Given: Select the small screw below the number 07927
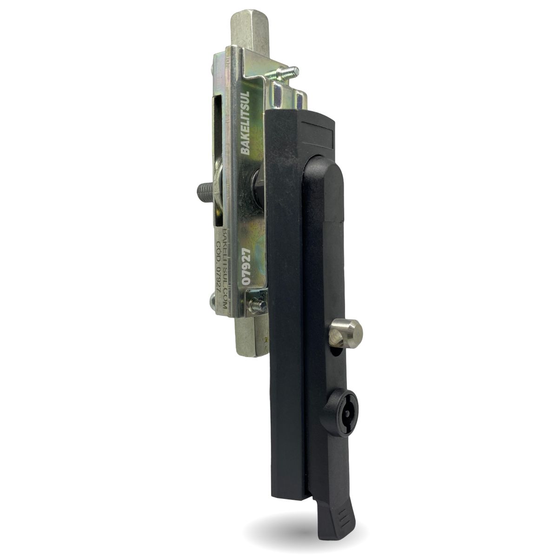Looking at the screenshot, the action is click(x=258, y=305).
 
